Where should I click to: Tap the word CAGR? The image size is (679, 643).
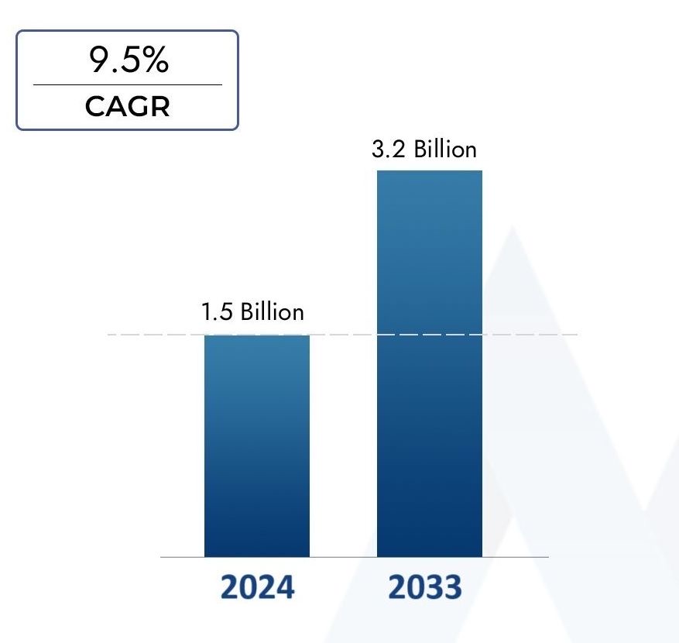127,106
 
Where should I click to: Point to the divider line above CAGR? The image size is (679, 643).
127,84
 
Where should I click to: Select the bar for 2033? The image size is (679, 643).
430,364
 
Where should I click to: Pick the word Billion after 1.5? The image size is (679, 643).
272,312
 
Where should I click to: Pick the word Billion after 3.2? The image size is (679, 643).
444,149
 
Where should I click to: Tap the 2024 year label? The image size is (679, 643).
257,587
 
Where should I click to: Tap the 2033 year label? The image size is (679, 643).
424,587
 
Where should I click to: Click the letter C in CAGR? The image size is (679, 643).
94,106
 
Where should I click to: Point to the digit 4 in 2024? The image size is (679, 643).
285,587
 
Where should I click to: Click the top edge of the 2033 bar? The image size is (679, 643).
430,171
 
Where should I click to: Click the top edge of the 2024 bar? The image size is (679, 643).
257,335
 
